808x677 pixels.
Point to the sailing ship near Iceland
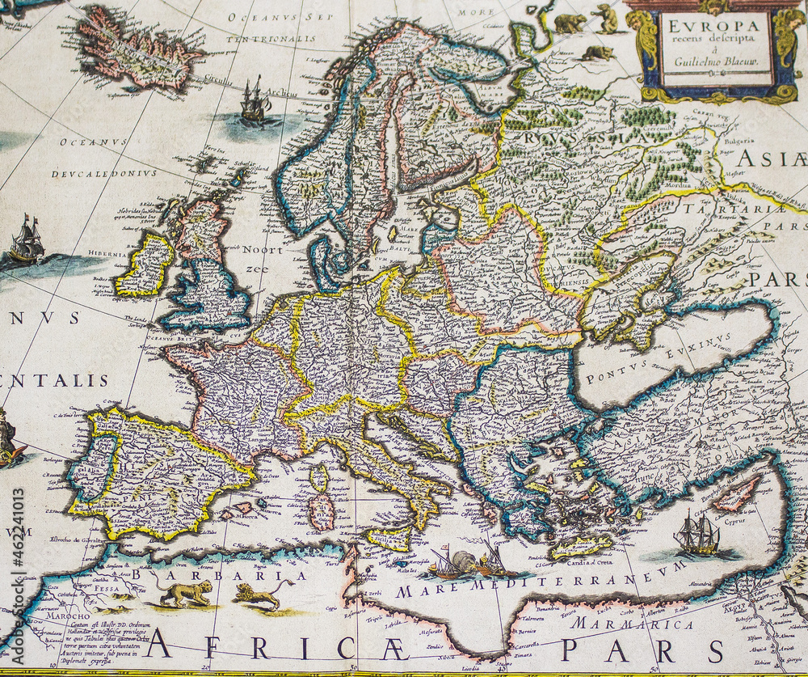coord(255,101)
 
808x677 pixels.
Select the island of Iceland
coord(137,49)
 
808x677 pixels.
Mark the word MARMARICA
coord(632,624)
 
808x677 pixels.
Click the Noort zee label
coord(258,259)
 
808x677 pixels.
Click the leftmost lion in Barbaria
coord(186,593)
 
